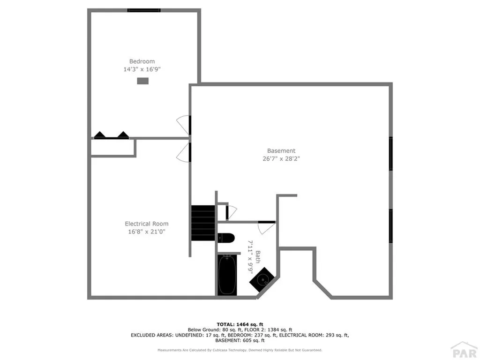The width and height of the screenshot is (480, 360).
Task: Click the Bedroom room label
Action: [x=142, y=61]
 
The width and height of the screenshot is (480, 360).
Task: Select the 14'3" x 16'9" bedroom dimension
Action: [x=142, y=69]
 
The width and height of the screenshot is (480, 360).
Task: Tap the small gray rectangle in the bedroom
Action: [x=142, y=81]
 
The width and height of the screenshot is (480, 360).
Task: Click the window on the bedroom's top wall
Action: [x=144, y=10]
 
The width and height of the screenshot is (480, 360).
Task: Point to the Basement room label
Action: [x=281, y=151]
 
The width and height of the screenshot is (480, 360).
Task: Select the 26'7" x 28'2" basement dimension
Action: [x=281, y=159]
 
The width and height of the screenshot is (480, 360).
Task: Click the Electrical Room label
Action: [x=146, y=224]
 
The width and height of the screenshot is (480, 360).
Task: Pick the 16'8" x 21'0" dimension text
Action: [x=146, y=232]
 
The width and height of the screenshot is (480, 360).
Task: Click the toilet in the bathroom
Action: [x=226, y=238]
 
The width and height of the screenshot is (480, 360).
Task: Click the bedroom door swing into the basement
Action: [x=183, y=124]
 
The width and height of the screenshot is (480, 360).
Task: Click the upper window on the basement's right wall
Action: [x=390, y=154]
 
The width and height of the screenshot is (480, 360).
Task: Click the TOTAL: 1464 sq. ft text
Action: [x=240, y=324]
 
